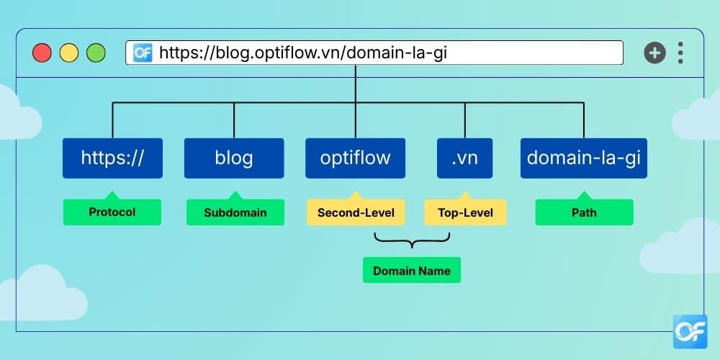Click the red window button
[x=42, y=53]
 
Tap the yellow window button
[x=69, y=53]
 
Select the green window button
[x=96, y=53]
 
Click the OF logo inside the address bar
[x=143, y=53]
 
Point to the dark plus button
[x=654, y=53]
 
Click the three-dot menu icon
[x=680, y=53]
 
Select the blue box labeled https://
[x=112, y=158]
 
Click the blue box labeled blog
[x=234, y=158]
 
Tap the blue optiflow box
[x=356, y=158]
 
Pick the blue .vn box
[x=464, y=158]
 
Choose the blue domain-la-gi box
[x=584, y=158]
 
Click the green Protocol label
[x=112, y=212]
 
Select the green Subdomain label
[x=235, y=212]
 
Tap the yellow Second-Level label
[x=356, y=212]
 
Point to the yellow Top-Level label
[x=465, y=212]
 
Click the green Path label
[x=585, y=212]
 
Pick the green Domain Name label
[x=412, y=271]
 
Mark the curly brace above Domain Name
[x=412, y=240]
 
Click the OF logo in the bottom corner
[x=690, y=332]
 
